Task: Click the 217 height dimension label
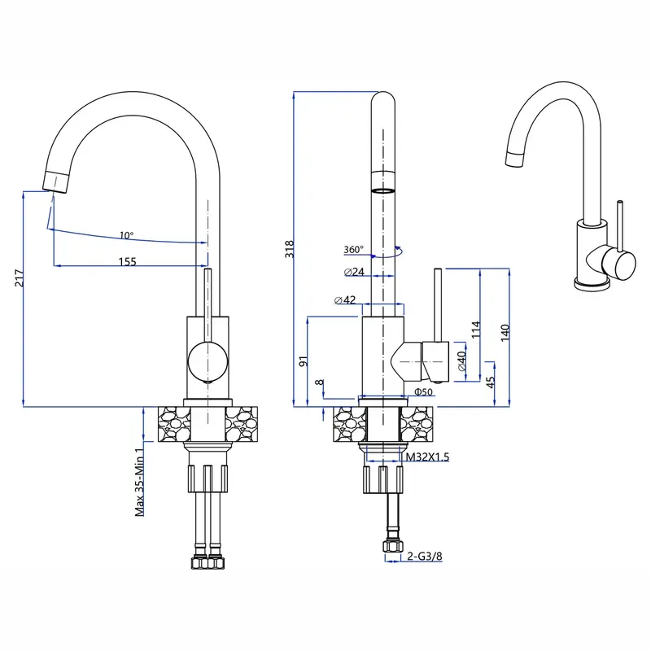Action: pyautogui.click(x=19, y=278)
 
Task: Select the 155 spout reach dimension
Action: pyautogui.click(x=128, y=261)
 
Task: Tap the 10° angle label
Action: pyautogui.click(x=127, y=235)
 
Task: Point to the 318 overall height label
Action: pyautogui.click(x=290, y=249)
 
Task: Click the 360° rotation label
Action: pyautogui.click(x=353, y=250)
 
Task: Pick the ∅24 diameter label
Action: pyautogui.click(x=354, y=272)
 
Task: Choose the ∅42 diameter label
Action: pyautogui.click(x=345, y=299)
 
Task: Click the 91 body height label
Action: pyautogui.click(x=304, y=360)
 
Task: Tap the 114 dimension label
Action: pyautogui.click(x=476, y=330)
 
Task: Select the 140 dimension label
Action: pyautogui.click(x=505, y=333)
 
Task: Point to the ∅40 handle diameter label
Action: pyautogui.click(x=461, y=360)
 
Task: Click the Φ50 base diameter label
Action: pyautogui.click(x=423, y=391)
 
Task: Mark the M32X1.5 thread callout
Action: pyautogui.click(x=428, y=457)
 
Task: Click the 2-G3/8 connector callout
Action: pyautogui.click(x=425, y=556)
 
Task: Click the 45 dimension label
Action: pyautogui.click(x=491, y=382)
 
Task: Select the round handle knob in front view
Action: pyautogui.click(x=208, y=361)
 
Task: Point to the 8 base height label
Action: pyautogui.click(x=319, y=382)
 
